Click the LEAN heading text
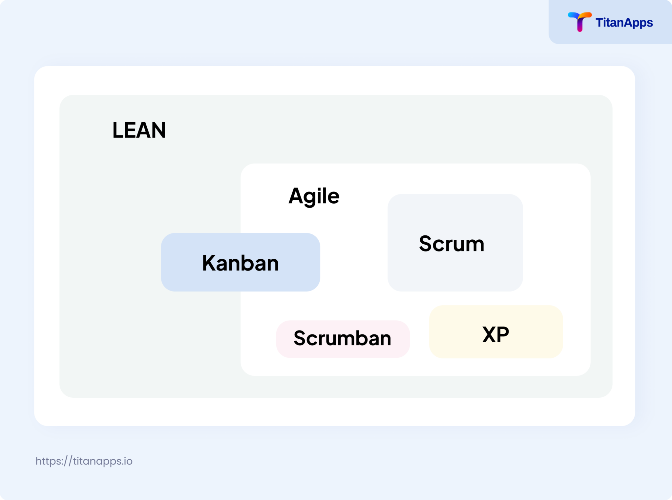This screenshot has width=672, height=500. point(139,130)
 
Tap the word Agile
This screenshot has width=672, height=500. point(314,196)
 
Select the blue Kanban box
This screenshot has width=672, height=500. point(241,262)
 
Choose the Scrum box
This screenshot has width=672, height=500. point(455,243)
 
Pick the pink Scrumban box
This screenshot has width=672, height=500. point(343,339)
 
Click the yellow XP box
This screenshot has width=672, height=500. point(496,332)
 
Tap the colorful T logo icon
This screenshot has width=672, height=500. point(579,21)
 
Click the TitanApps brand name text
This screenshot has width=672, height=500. point(624,23)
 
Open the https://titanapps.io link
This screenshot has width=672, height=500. point(84,461)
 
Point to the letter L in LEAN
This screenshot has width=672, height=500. point(117,130)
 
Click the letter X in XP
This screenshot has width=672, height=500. point(489,335)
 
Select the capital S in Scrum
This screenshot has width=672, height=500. point(426,244)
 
